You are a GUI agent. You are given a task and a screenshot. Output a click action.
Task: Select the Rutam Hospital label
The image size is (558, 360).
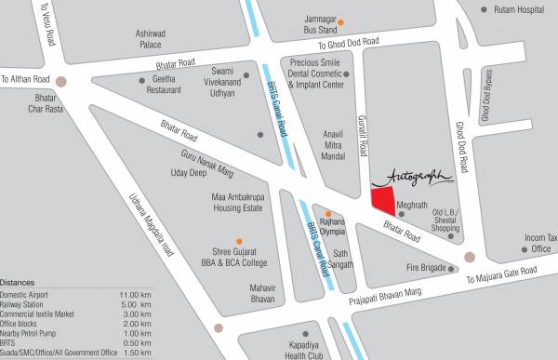517,9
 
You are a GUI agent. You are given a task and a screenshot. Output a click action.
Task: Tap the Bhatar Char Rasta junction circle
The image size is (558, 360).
61,81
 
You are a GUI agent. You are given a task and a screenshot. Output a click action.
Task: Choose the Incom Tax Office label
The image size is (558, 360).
540,243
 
